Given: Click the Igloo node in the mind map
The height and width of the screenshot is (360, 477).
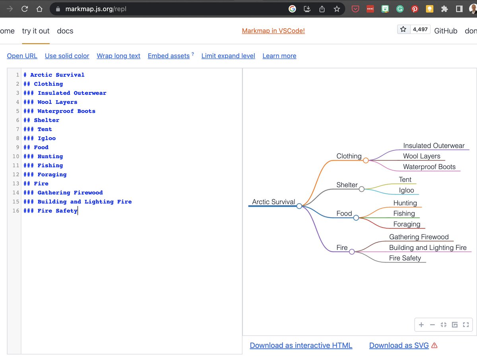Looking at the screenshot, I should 406,190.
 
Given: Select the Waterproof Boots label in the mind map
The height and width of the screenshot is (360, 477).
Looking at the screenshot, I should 429,167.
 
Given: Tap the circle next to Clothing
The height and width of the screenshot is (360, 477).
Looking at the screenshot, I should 366,160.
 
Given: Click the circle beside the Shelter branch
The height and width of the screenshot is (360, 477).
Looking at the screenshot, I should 361,189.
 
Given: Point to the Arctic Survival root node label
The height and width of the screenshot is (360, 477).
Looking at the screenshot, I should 273,202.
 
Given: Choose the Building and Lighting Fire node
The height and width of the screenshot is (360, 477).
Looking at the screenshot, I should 428,247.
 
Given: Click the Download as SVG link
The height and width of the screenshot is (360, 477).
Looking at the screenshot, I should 399,345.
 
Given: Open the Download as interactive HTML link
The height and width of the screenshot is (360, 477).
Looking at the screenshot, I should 301,345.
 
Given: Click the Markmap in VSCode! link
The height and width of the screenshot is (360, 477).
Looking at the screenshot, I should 273,31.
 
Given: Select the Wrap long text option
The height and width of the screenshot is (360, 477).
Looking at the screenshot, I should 118,56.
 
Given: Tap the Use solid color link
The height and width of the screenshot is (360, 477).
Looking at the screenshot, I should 67,56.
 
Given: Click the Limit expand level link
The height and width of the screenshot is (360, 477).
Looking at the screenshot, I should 228,56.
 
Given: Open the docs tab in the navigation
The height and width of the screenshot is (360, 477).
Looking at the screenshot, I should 65,31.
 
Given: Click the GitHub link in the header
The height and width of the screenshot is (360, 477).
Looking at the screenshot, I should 446,31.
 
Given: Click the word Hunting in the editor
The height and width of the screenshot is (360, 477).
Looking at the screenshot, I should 50,156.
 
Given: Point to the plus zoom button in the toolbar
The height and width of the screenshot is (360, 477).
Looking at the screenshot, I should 421,325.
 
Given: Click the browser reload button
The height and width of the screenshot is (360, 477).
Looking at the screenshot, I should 25,9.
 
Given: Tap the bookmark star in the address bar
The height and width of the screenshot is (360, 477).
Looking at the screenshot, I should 337,9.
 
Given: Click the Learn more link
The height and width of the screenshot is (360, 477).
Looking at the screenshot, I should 279,56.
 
